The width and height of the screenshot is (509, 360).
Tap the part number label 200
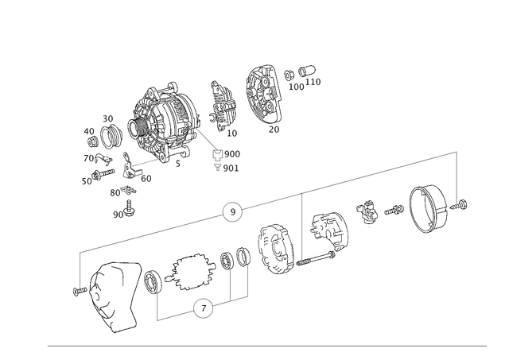(231, 153)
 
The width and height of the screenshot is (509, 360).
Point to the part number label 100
(298, 86)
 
